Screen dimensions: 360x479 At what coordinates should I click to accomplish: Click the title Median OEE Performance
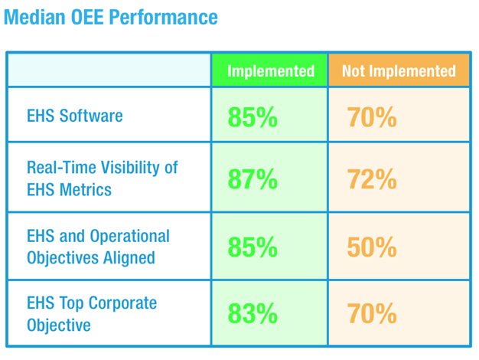110,17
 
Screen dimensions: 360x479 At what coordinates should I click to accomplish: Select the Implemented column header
271,71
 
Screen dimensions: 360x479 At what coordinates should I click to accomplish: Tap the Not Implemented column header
398,71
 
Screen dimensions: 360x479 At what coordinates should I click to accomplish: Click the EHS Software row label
75,116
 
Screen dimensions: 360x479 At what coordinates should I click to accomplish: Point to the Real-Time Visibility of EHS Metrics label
102,178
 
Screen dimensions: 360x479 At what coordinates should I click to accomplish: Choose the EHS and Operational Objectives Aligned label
98,247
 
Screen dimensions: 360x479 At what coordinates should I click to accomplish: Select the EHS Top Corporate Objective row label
92,314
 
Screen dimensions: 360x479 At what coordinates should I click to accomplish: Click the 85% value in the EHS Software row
253,117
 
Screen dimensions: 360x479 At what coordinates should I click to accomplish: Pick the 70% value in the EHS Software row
372,117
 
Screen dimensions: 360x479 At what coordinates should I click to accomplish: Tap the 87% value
253,179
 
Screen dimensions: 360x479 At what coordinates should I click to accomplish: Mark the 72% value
372,179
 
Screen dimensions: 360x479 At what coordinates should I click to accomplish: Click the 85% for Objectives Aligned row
253,247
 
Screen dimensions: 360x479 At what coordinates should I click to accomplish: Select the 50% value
372,247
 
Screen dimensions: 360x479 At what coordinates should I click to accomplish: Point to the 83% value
253,314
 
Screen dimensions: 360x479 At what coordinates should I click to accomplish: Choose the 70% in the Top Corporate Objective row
372,314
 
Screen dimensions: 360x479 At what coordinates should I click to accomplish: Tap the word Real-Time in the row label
60,167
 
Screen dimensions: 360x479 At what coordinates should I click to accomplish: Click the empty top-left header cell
109,71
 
